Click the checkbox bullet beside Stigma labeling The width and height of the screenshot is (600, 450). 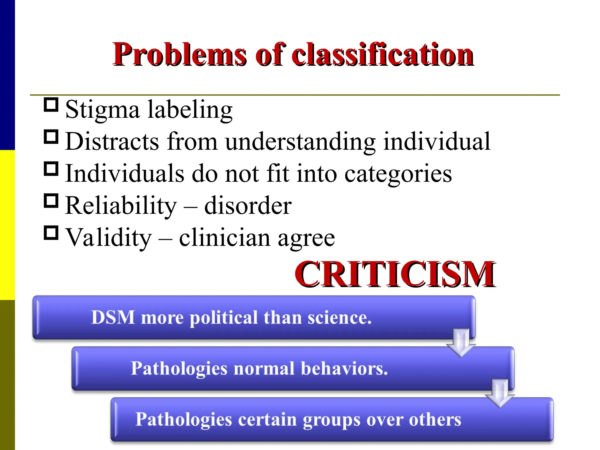pos(51,105)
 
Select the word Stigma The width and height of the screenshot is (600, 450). pos(102,110)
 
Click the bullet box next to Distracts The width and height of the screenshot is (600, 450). pos(51,137)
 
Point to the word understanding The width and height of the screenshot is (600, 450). pos(300,142)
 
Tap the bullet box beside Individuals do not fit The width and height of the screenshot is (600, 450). pos(51,169)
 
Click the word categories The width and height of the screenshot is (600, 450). pos(398,174)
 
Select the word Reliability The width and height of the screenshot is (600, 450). pos(121,206)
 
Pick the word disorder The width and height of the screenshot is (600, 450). pos(248,206)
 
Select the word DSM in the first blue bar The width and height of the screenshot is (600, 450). pos(113,317)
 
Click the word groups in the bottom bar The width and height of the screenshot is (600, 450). pos(331,420)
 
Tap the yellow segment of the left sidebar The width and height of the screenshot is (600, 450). pos(7,225)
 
